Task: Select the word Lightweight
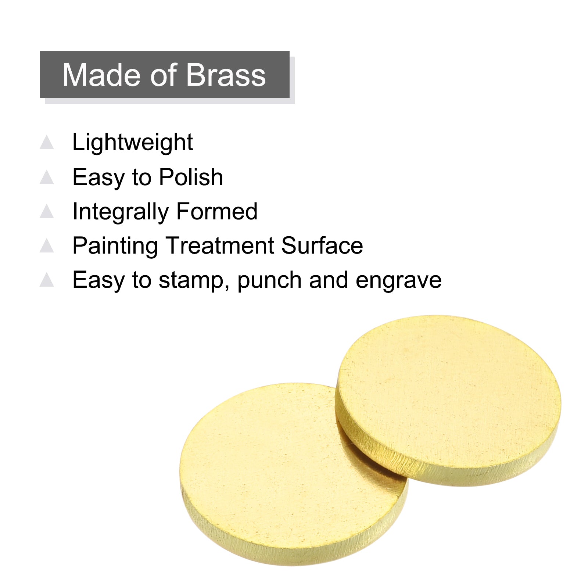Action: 133,143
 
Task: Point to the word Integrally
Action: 121,212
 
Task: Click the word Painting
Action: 115,246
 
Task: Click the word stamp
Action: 194,281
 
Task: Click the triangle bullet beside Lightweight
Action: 47,143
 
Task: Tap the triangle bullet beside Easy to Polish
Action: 47,177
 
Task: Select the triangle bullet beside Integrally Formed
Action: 47,211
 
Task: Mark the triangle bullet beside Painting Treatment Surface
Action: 47,245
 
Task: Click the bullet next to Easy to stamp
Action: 47,280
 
